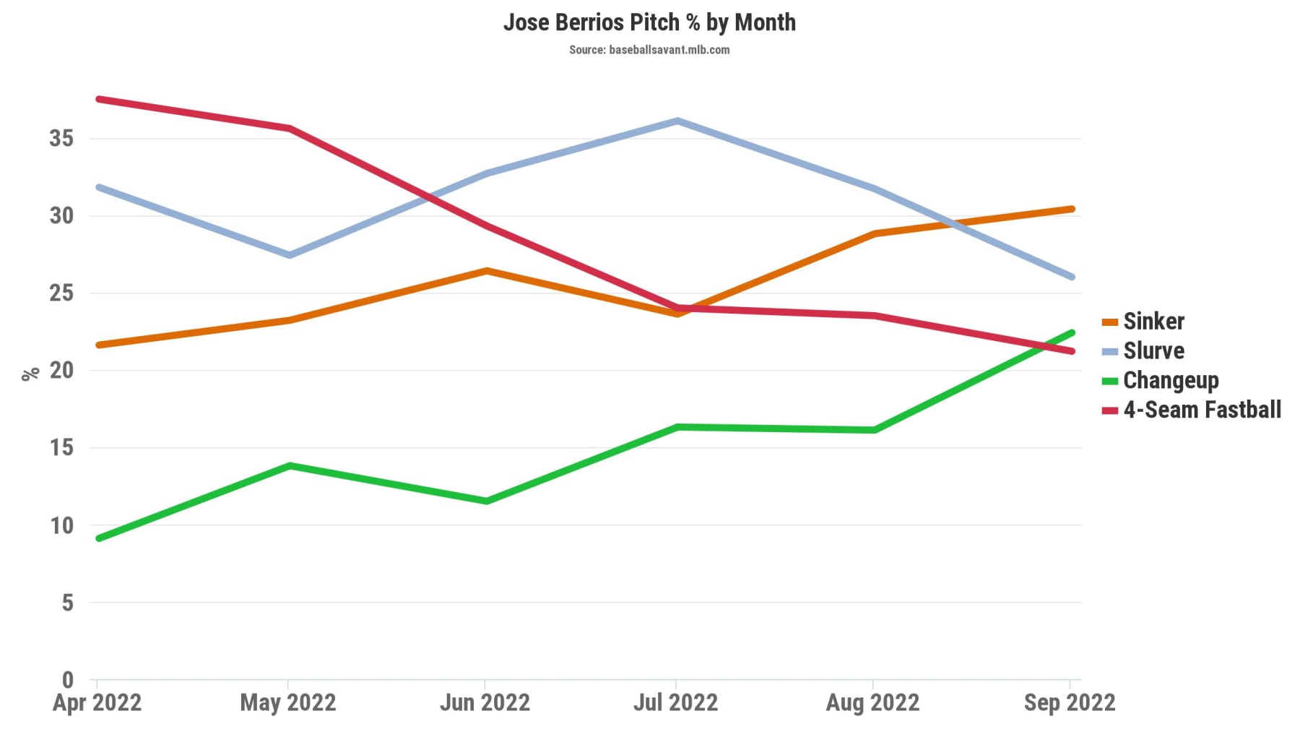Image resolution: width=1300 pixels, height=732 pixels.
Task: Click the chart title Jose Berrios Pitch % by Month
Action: pos(649,22)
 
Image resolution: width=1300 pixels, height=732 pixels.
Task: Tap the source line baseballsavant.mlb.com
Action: pos(649,50)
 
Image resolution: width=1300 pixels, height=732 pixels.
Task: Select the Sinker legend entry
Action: pos(1153,322)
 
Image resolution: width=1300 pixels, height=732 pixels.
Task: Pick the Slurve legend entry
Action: pos(1153,351)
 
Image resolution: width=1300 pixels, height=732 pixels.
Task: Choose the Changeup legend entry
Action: pos(1170,380)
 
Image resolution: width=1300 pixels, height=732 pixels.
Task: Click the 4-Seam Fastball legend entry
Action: pos(1202,410)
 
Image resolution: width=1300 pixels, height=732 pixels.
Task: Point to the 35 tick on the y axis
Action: pos(61,138)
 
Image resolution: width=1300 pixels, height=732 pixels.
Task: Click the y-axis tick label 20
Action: pos(61,370)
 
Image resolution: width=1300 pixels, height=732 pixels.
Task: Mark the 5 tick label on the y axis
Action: pos(67,602)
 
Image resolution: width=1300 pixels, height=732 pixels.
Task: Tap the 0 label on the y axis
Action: pos(67,679)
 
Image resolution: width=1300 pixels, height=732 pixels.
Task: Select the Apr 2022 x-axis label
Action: pos(97,702)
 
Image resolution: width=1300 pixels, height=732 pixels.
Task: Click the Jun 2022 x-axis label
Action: pos(485,702)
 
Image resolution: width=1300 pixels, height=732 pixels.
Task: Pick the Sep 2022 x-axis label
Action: pos(1070,702)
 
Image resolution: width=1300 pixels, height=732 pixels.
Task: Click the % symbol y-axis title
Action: pos(30,374)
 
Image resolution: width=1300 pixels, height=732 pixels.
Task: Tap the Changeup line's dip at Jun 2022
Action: pos(486,501)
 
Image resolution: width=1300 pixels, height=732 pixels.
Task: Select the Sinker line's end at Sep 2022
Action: pos(1072,209)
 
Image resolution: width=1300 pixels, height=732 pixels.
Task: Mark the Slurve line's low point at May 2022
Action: pos(290,255)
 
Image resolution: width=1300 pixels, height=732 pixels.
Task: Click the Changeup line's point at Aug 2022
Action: pos(875,430)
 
